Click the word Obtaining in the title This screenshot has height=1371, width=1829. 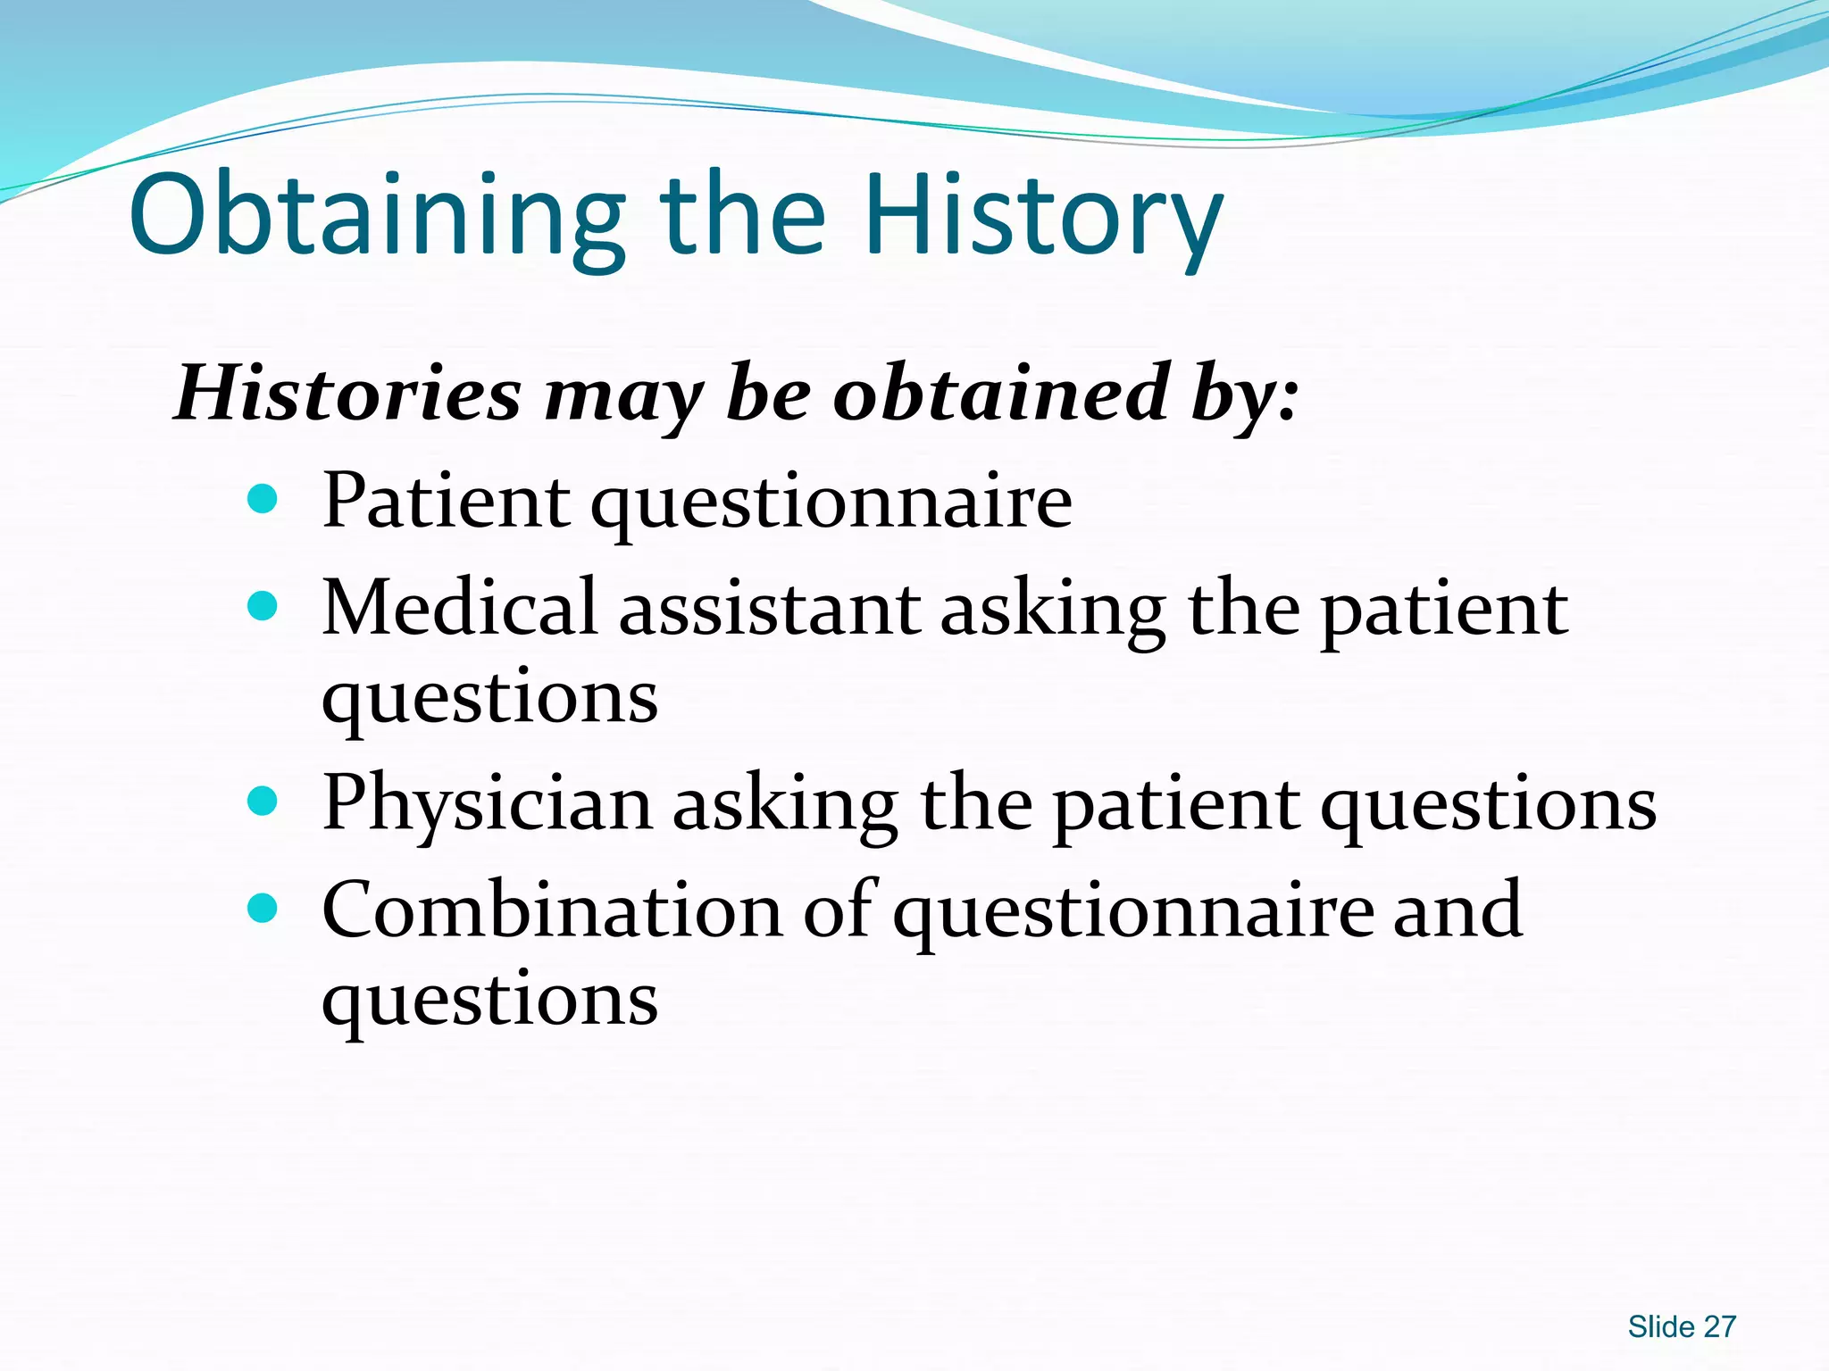[x=375, y=216]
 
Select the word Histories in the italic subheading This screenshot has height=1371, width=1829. [x=347, y=394]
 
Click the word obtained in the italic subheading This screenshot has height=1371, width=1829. [x=1000, y=394]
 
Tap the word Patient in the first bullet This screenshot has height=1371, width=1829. [x=446, y=501]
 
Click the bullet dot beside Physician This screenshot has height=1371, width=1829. [x=262, y=802]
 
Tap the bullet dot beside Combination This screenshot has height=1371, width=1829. [x=262, y=909]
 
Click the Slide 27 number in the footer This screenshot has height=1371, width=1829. [x=1681, y=1327]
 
